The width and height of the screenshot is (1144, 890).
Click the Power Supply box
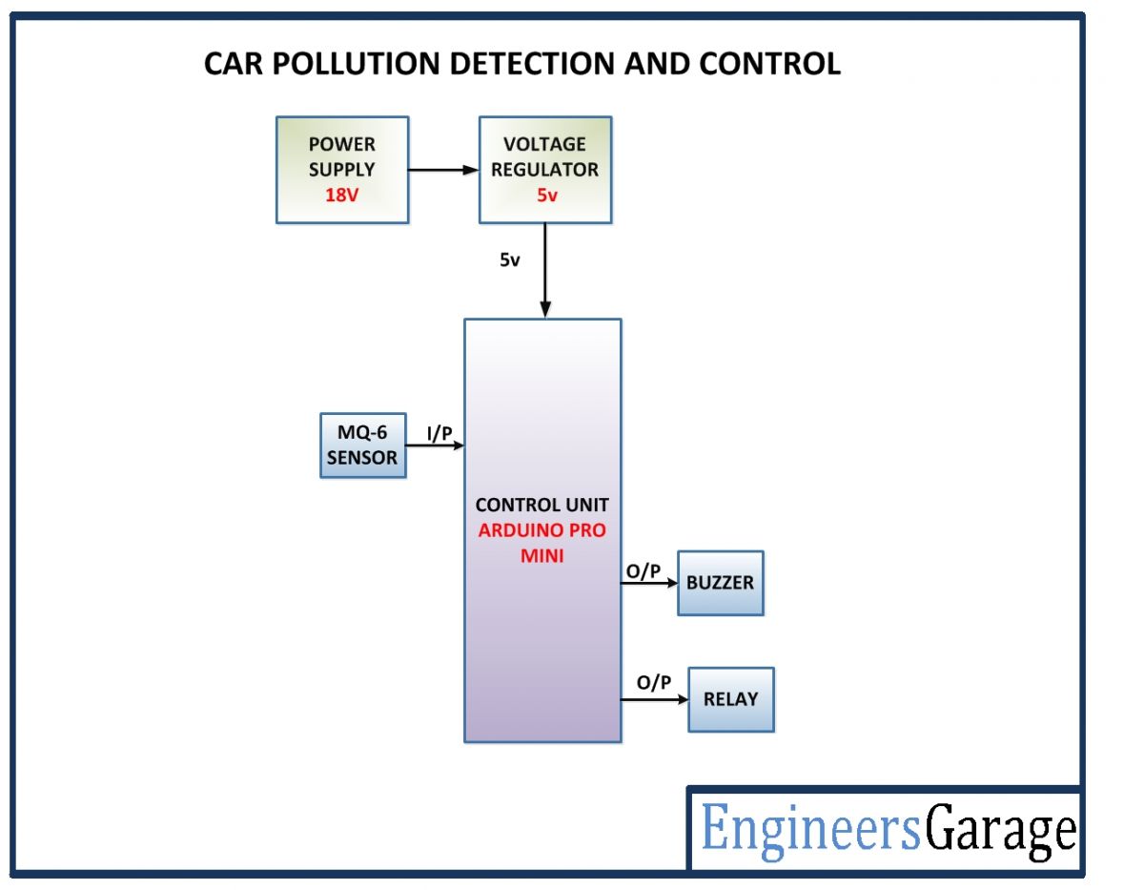click(x=342, y=170)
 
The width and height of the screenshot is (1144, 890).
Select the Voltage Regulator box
click(x=544, y=170)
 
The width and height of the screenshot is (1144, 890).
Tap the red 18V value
click(x=342, y=195)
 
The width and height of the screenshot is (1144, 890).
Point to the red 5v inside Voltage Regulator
click(x=545, y=195)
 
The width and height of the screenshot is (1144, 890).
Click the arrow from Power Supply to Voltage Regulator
click(x=443, y=170)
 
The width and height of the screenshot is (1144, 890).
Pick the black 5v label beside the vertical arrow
click(x=510, y=259)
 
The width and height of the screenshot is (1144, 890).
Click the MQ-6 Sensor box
click(x=362, y=445)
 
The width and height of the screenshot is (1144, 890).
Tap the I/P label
click(x=439, y=433)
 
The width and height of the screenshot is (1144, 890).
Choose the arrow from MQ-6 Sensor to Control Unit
click(x=435, y=445)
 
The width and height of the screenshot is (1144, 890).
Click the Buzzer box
click(x=720, y=583)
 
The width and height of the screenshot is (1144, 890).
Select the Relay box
click(x=730, y=699)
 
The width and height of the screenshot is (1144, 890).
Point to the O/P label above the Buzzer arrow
click(x=643, y=570)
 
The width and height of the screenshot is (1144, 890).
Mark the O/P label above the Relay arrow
click(x=654, y=683)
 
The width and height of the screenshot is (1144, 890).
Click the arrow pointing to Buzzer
click(x=648, y=584)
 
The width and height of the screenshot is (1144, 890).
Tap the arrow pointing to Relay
click(x=654, y=699)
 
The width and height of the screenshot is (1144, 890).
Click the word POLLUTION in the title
click(x=376, y=64)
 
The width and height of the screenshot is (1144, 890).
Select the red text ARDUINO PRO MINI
click(x=541, y=543)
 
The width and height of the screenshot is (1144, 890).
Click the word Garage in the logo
click(x=1001, y=830)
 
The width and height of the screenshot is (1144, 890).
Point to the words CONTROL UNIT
click(x=541, y=506)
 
